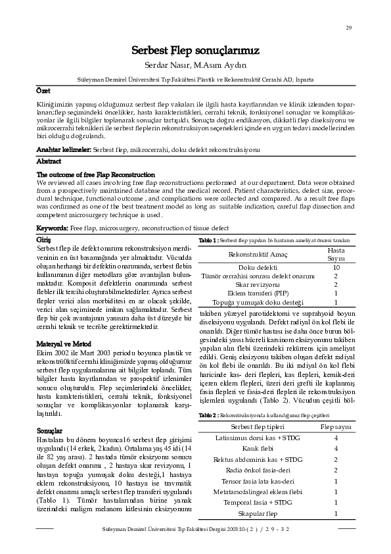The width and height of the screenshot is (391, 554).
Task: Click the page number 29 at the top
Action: point(348,27)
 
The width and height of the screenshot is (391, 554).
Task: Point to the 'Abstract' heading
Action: point(49,161)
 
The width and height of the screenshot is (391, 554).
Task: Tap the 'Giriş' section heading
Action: point(45,239)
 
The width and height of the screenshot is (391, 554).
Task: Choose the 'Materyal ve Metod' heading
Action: point(64,343)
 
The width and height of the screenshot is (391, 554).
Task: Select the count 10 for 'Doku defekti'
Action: point(336,268)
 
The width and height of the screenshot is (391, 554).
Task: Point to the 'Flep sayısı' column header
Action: point(336,427)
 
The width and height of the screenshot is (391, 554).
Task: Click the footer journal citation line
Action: point(196,529)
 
